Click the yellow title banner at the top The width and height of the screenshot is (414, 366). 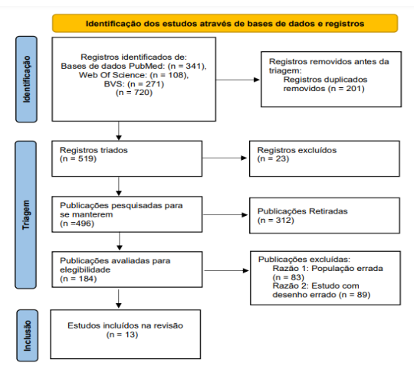pos(225,24)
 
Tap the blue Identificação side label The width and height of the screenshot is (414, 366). pos(26,79)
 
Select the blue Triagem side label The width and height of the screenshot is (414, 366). pos(26,215)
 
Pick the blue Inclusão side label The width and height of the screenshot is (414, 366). pos(27,335)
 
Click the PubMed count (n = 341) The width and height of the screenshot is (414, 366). pos(187,66)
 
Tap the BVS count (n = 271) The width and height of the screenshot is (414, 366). pos(146,84)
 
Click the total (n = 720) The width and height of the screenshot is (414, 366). pos(134,93)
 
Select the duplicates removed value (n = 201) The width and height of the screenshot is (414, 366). pos(347,88)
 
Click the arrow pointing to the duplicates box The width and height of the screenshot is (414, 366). pos(238,80)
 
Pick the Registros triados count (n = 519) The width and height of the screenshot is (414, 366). pos(78,158)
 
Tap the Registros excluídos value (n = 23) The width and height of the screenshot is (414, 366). pos(273,158)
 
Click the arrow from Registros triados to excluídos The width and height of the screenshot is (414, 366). pos(225,158)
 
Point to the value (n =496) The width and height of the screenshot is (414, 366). pos(77,224)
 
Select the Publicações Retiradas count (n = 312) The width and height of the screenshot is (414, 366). pos(276,220)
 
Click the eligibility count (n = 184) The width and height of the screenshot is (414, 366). pos(78,279)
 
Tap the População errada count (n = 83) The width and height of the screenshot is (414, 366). pos(288,277)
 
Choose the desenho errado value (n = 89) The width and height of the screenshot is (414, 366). pos(355,295)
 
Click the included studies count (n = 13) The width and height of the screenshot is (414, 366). pos(122,335)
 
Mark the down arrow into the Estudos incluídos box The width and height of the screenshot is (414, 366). pos(119,299)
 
